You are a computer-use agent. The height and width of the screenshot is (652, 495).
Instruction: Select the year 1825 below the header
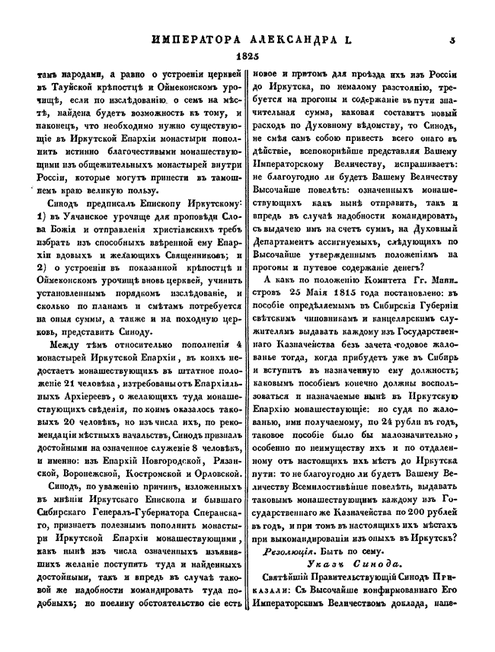pos(248,56)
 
